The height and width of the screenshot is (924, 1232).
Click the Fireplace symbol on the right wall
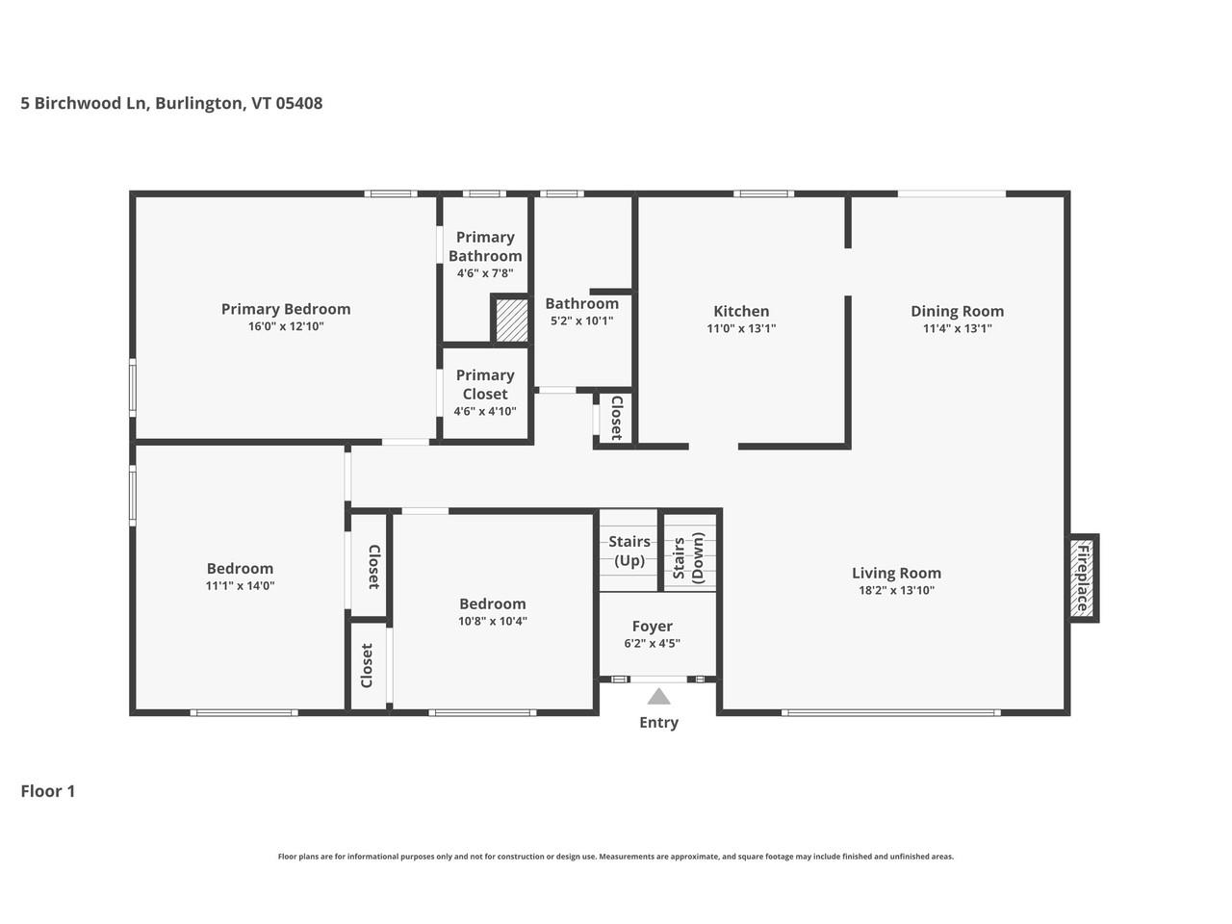[1083, 577]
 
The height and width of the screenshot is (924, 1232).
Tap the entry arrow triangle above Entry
[658, 697]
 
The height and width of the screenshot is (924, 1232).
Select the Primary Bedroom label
[286, 309]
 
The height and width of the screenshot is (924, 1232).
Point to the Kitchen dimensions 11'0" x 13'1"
[741, 328]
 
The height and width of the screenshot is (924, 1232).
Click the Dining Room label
[957, 311]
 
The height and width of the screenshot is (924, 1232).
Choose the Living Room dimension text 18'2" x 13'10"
[896, 591]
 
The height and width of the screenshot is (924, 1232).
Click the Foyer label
[653, 627]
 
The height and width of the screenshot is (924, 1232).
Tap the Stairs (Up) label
[629, 552]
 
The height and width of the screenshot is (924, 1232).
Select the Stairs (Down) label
[687, 560]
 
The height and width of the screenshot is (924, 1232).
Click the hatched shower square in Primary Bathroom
[511, 320]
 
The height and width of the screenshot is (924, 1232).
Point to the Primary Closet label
[485, 384]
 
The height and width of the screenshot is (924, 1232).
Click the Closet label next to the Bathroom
[616, 418]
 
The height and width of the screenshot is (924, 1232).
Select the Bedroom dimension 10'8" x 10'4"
[492, 621]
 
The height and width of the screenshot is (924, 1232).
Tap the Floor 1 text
[48, 791]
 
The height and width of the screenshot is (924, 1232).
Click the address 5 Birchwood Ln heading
[171, 103]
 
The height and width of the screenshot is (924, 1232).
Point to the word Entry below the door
[658, 723]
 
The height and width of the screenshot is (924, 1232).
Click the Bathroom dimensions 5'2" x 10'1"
[581, 321]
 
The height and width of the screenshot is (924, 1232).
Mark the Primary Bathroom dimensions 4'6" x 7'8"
[485, 273]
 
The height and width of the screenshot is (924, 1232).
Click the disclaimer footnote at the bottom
[616, 857]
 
